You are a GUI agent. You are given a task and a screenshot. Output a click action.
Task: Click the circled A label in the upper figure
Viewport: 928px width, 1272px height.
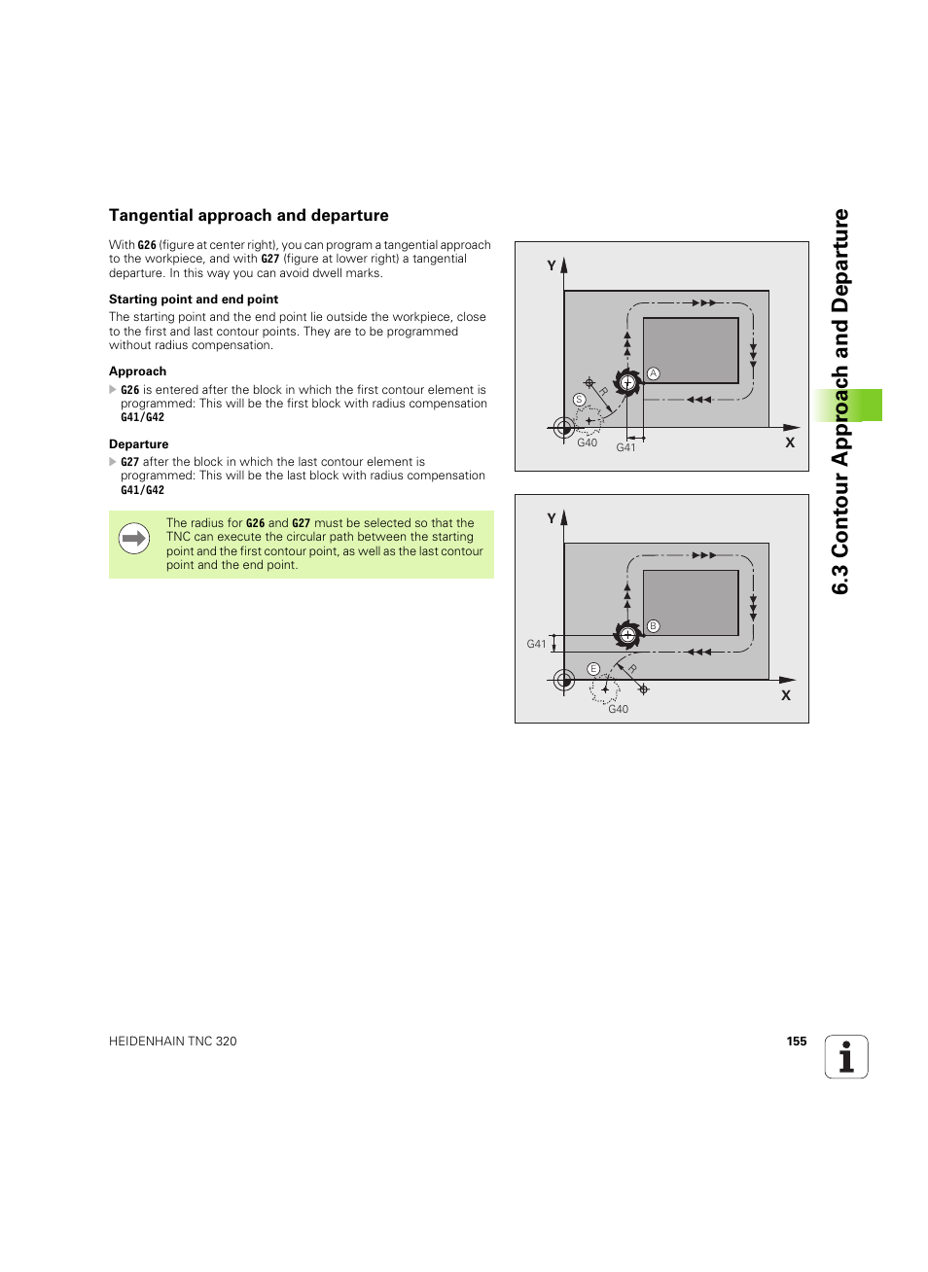[x=654, y=373]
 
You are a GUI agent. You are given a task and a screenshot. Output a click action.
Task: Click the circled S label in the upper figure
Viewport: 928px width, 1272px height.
[x=580, y=400]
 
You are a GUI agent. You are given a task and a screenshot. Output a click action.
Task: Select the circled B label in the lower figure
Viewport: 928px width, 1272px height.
[x=654, y=626]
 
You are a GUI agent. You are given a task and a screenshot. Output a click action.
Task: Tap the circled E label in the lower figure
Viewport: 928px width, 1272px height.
[x=593, y=669]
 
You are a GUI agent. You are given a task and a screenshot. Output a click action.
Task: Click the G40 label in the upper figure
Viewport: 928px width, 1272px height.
[x=587, y=443]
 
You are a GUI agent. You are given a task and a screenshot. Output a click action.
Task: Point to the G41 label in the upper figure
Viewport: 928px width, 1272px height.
[x=625, y=448]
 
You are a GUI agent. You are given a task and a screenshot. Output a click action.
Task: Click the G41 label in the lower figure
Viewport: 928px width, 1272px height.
[x=536, y=644]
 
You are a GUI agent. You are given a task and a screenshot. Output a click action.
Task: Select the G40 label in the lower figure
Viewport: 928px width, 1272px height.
[x=618, y=710]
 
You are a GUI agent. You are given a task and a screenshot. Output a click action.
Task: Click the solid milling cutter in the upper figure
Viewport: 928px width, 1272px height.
[x=627, y=382]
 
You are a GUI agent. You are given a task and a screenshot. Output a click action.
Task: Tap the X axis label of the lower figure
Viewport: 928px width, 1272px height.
[x=786, y=695]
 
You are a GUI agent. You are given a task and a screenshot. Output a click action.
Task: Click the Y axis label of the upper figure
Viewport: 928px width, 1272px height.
[x=552, y=265]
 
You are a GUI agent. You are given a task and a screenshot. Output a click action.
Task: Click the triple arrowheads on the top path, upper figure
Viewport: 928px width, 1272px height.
[x=704, y=303]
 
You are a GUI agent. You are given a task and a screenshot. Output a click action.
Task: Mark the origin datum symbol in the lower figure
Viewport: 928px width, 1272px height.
[x=564, y=680]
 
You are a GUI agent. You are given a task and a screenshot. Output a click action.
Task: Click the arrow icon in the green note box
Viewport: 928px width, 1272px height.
[x=134, y=538]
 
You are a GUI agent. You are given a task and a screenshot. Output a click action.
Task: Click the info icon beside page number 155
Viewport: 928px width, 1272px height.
[x=846, y=1057]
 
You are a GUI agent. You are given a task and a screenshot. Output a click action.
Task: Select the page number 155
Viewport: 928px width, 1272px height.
[x=797, y=1042]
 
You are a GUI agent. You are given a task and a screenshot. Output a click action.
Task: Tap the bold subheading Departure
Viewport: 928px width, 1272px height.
[x=138, y=444]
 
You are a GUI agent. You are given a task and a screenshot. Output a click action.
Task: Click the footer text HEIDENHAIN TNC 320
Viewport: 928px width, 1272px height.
[x=173, y=1042]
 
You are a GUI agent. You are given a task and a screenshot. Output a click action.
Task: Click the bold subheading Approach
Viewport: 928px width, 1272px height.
[x=137, y=371]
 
